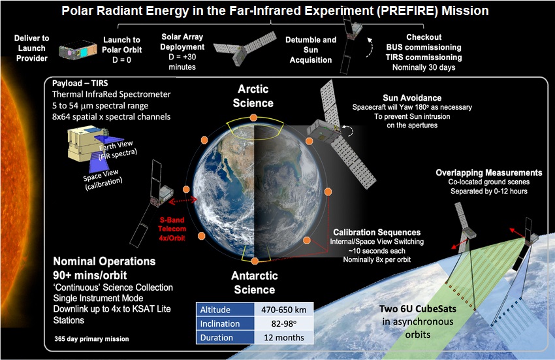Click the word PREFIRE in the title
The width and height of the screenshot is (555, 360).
tap(407, 11)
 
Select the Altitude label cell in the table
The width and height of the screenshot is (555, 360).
tap(225, 309)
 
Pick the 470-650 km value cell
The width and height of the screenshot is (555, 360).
tap(283, 309)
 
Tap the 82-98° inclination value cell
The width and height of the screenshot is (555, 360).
tap(283, 323)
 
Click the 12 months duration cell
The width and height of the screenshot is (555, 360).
tap(283, 337)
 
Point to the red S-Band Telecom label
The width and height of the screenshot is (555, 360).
tap(172, 229)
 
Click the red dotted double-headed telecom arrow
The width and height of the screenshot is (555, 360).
tap(183, 201)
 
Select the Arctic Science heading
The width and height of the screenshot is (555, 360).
tap(253, 95)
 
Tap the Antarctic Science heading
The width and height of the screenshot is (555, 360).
tap(255, 282)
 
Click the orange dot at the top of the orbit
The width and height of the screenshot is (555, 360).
tap(253, 118)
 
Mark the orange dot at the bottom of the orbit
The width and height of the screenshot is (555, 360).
tap(255, 261)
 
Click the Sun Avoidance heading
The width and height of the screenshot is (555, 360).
tap(412, 98)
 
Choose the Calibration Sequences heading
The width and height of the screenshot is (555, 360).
tap(377, 233)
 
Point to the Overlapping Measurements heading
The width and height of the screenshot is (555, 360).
tap(489, 172)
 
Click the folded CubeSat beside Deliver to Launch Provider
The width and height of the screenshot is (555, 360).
tap(78, 50)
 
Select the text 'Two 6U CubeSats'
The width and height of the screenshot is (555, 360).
tap(418, 309)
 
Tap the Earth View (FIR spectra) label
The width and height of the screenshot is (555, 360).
tap(118, 150)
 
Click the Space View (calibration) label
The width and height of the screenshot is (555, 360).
tap(103, 179)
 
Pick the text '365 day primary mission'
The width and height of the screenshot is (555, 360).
tap(91, 338)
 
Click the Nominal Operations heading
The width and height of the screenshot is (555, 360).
tap(104, 261)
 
